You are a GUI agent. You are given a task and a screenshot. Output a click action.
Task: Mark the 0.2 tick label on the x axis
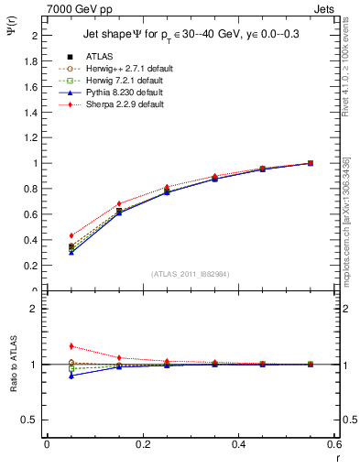[x=142, y=443]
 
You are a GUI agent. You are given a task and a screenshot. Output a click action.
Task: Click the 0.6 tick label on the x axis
[x=333, y=443]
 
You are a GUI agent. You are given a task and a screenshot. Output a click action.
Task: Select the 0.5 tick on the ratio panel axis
[x=34, y=420]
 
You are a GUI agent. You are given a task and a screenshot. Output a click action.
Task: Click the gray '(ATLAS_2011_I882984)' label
[x=190, y=274]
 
